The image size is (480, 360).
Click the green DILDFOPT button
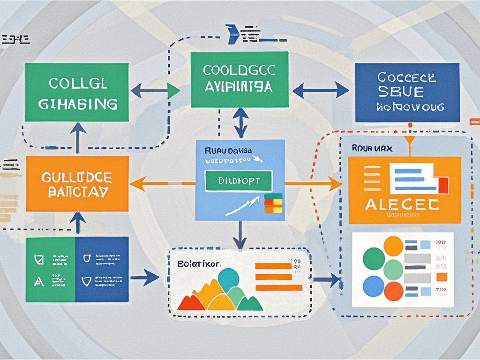coord(239,181)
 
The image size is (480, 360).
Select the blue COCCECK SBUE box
coord(407,93)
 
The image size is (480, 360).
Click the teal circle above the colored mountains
coord(228,280)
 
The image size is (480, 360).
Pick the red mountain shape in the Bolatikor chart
coord(190,302)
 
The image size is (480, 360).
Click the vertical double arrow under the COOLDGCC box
coord(240,123)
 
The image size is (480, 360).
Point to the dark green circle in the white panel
coord(374,259)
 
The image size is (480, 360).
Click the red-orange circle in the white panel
coord(393,246)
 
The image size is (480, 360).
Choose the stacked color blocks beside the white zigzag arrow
coord(273,202)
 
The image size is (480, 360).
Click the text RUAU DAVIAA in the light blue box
coord(228,151)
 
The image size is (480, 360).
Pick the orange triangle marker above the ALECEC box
coord(410,140)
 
